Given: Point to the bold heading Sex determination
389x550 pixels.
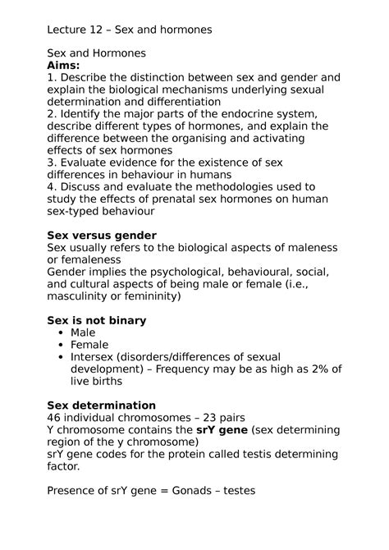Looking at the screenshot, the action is pyautogui.click(x=102, y=405).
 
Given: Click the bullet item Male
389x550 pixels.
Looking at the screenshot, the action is pyautogui.click(x=83, y=332).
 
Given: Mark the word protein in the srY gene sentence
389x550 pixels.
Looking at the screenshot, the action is pyautogui.click(x=202, y=454).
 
